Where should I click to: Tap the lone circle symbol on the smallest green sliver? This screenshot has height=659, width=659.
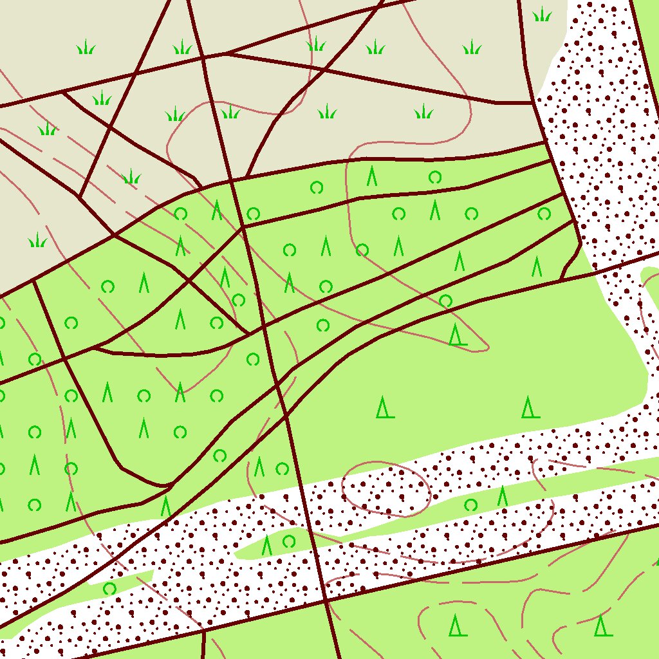109,588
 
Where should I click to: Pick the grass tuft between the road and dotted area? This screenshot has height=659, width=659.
543,14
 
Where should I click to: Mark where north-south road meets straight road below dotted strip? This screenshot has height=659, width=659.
326,601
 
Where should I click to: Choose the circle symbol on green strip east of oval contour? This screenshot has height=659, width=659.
471,505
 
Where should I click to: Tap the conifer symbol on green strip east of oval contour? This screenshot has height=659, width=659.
503,496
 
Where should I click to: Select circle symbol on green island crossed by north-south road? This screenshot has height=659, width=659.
289,541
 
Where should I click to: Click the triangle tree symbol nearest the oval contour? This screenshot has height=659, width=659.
385,407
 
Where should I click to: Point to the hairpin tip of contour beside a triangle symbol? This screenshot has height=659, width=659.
487,348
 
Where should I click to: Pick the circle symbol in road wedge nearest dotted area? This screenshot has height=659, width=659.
544,214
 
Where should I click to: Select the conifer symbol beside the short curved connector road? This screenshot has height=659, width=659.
537,266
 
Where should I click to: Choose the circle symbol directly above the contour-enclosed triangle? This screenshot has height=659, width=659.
445,301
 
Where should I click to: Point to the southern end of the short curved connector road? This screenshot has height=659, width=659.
561,279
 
